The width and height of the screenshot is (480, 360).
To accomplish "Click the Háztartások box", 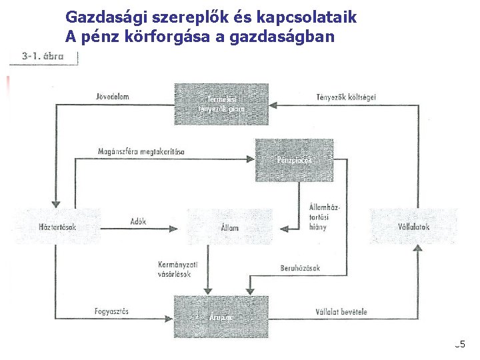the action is (x=57, y=227).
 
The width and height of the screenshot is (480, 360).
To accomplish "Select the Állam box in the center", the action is (x=229, y=227).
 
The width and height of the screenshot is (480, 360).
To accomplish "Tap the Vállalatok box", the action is (x=413, y=227).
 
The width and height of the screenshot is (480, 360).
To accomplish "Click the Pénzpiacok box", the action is (x=294, y=160).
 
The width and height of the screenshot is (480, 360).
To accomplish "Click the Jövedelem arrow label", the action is (x=112, y=97).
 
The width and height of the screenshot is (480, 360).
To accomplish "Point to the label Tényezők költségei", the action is (x=346, y=97).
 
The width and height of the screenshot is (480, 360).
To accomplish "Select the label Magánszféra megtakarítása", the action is (x=141, y=151).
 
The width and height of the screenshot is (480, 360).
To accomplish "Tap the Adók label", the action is (x=139, y=221).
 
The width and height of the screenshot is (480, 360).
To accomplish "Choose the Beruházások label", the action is (x=300, y=268).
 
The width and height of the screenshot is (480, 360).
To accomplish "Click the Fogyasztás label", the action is (x=112, y=311).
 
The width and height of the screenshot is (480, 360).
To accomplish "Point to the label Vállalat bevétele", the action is (x=340, y=311).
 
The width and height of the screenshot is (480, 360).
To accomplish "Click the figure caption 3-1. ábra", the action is (x=43, y=57).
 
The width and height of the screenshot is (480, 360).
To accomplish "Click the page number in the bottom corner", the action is (x=460, y=345).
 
